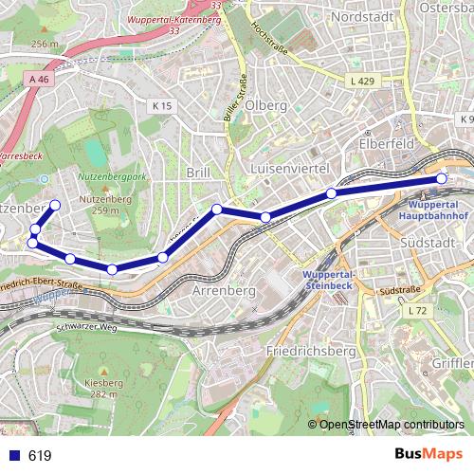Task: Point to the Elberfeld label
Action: tap(384, 145)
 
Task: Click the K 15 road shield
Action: tap(161, 106)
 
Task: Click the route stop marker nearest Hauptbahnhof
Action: tap(441, 178)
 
